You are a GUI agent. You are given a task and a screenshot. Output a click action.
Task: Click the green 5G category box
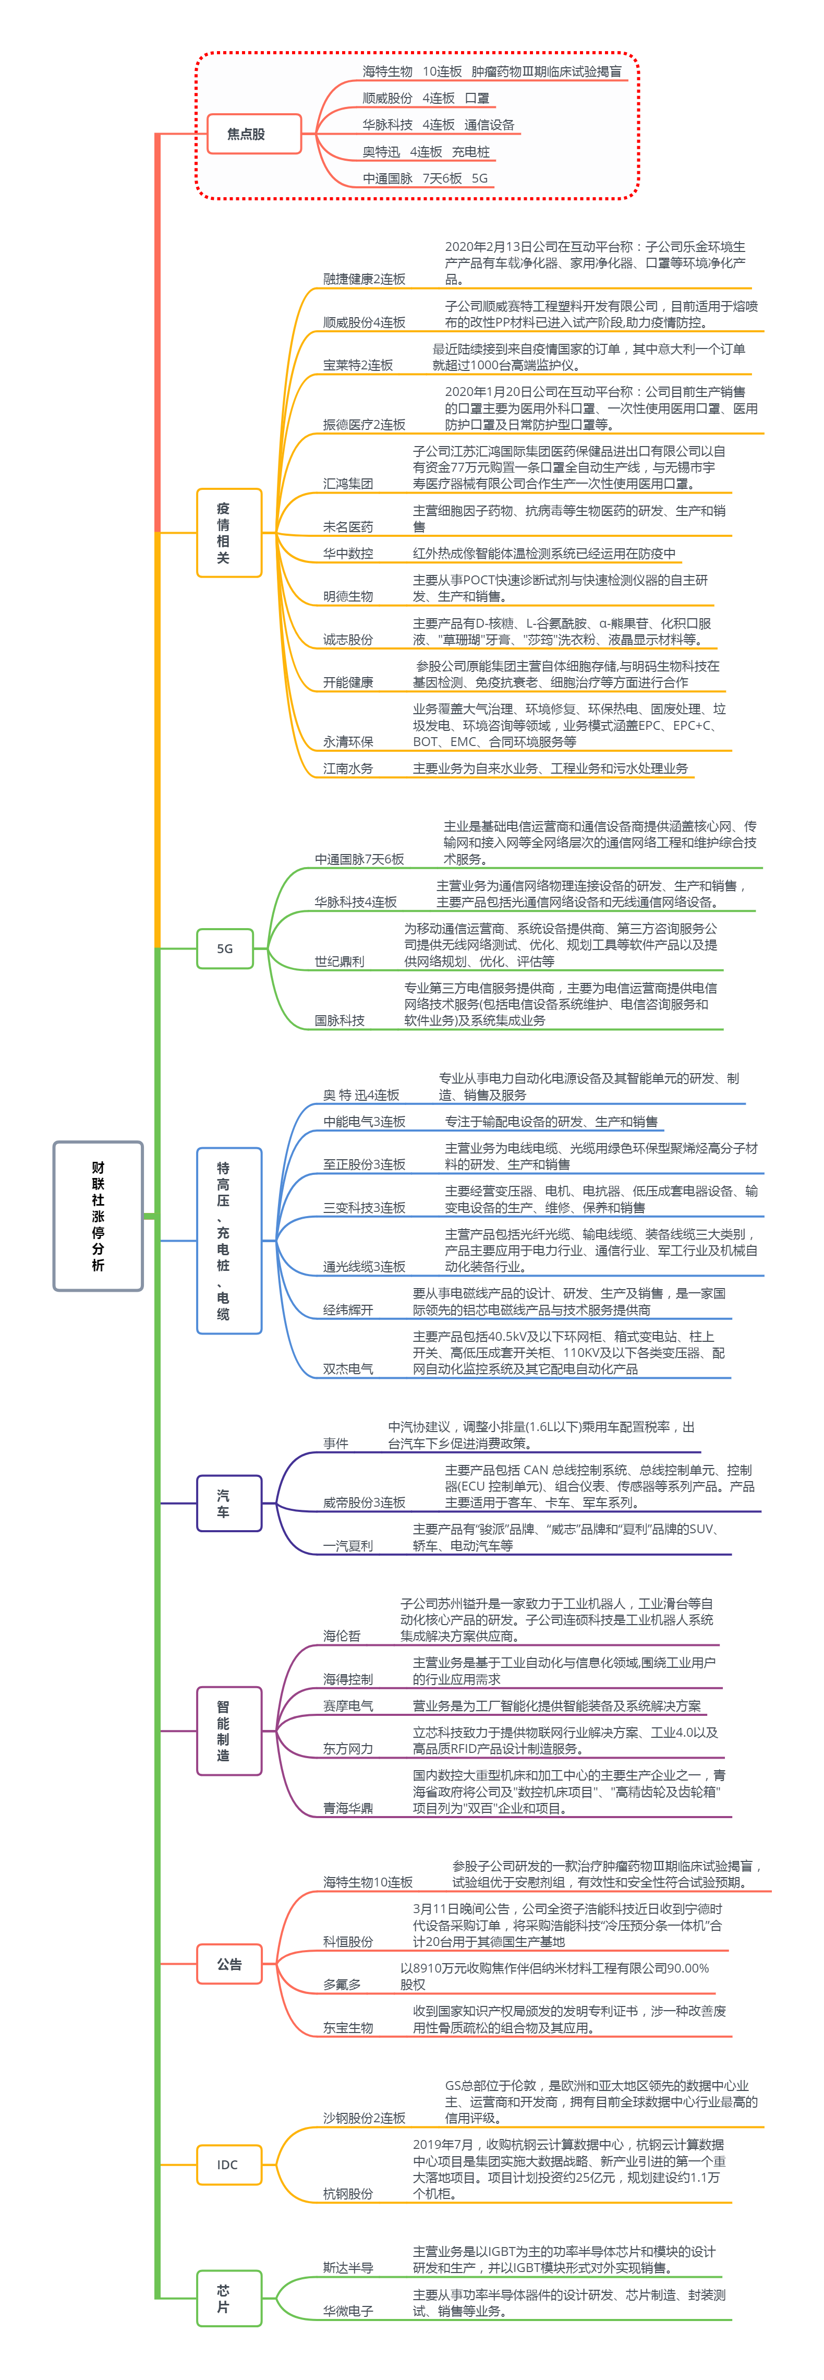point(224,948)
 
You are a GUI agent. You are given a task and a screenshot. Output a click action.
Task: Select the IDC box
point(227,2164)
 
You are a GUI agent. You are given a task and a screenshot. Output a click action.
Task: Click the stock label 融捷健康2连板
point(364,278)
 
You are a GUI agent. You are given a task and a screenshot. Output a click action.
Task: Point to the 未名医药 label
point(348,526)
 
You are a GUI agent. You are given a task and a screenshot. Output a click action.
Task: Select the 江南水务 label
point(348,768)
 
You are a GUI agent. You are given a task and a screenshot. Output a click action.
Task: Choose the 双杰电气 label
point(348,1368)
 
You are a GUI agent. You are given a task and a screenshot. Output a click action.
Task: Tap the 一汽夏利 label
point(348,1546)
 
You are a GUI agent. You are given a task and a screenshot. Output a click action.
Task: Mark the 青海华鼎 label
point(348,1808)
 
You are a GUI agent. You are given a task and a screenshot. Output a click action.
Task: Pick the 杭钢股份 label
point(348,2192)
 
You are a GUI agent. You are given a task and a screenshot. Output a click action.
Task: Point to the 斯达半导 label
point(348,2267)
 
